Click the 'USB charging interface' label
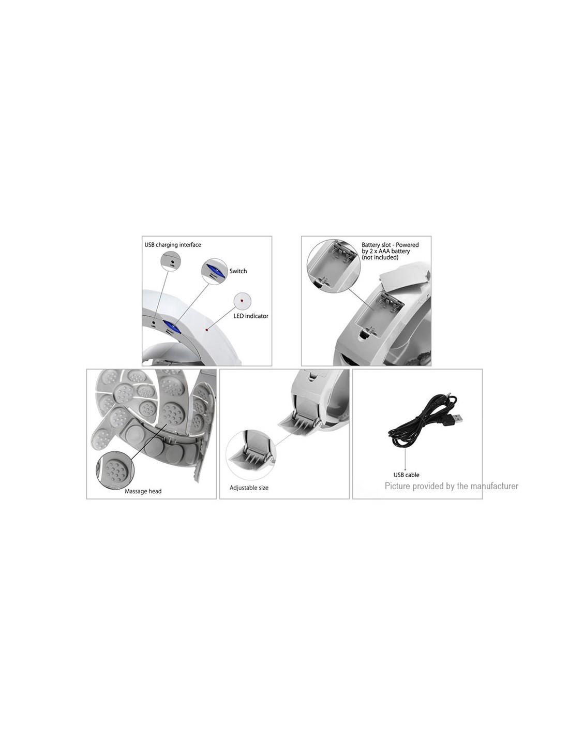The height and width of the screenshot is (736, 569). pos(173,245)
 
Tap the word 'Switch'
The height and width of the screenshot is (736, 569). pos(238,271)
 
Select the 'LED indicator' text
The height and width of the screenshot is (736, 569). pos(250,316)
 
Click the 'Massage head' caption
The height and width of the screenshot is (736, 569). pos(143,491)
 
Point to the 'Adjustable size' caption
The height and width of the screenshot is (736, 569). pos(249,488)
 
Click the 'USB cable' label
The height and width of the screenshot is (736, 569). pos(406,475)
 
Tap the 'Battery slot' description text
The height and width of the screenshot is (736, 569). pos(390,251)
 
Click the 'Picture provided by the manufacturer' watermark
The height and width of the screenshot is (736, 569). pos(452,486)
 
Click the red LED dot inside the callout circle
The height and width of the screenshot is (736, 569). pos(242,300)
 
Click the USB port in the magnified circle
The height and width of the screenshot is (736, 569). pos(172,261)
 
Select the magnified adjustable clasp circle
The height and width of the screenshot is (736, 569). pos(251,455)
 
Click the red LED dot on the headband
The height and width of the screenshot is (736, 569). pos(206,329)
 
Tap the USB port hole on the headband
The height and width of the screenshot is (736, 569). pos(154,322)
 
